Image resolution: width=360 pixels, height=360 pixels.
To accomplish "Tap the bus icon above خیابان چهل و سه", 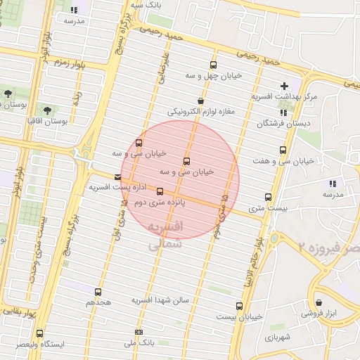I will [x=212, y=65].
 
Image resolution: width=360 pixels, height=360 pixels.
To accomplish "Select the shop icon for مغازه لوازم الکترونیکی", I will [x=201, y=101].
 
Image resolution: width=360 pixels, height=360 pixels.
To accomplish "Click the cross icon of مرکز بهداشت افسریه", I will [x=284, y=85].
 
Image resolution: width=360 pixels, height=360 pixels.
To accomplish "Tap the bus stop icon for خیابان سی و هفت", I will [x=283, y=150].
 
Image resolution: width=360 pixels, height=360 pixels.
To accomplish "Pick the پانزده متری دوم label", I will [x=160, y=201].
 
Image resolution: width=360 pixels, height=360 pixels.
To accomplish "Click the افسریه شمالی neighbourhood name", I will [x=167, y=236].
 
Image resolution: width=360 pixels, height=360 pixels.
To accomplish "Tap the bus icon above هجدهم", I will [x=98, y=292].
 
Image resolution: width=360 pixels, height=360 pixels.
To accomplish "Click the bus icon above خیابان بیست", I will [x=240, y=306].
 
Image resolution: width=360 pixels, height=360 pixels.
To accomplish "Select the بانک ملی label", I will [x=138, y=342].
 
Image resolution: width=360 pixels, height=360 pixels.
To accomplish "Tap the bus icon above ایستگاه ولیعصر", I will [x=39, y=333].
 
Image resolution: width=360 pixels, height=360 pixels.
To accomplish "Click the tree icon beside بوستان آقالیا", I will [x=47, y=110].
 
